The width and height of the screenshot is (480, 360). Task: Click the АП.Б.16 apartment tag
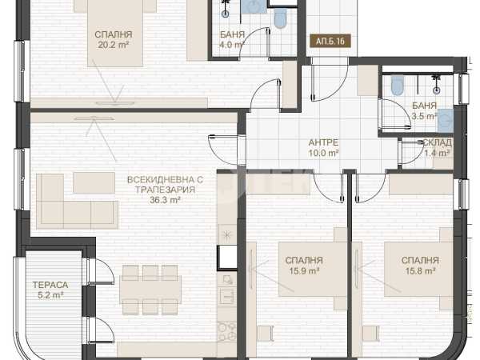(x=330, y=41)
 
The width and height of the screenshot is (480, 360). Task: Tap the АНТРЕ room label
(x=323, y=142)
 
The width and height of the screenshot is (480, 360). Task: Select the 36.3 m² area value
(x=165, y=200)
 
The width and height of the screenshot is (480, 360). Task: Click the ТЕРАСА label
(x=50, y=285)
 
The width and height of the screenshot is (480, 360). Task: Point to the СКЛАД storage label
(x=437, y=142)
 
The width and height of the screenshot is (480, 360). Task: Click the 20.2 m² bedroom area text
(x=114, y=45)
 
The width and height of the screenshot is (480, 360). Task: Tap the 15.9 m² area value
(x=304, y=271)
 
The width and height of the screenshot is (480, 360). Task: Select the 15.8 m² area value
(x=421, y=271)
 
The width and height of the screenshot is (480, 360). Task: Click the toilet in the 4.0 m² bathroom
(x=280, y=18)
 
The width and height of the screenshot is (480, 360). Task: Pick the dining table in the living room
(x=151, y=290)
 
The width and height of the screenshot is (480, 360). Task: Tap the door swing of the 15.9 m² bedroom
(x=328, y=187)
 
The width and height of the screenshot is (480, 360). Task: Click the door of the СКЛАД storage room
(x=413, y=152)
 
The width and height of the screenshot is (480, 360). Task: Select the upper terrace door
(x=101, y=271)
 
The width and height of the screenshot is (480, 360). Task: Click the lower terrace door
(x=101, y=330)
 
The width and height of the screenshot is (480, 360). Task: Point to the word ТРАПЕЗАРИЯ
(x=166, y=190)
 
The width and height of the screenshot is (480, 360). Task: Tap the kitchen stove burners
(x=227, y=331)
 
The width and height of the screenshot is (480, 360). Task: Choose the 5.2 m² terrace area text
(x=50, y=295)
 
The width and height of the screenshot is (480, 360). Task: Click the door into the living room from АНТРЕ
(x=224, y=150)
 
